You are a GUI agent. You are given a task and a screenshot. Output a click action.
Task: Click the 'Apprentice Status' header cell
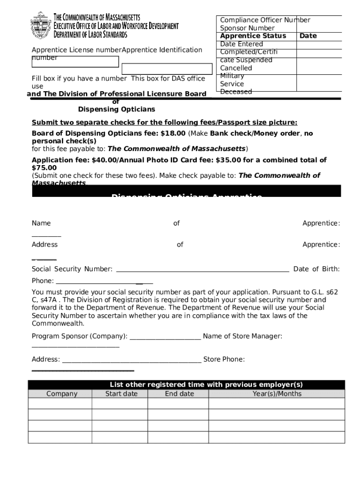point(253,36)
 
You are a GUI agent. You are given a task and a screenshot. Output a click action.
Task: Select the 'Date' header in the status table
point(308,36)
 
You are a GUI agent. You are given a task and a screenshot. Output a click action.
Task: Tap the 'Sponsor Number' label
point(247,28)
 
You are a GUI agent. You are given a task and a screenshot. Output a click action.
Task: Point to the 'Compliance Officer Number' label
point(265,20)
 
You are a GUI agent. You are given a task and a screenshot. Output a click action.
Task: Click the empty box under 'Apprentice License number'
point(75,62)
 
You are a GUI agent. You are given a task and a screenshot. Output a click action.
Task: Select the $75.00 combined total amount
point(44,167)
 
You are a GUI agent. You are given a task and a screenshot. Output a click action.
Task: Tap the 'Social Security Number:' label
point(72,269)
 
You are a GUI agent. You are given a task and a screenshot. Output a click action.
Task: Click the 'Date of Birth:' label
point(316,269)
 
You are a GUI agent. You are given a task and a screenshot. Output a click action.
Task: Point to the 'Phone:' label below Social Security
point(43,281)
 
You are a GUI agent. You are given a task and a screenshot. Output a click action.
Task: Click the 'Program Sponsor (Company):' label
point(79,336)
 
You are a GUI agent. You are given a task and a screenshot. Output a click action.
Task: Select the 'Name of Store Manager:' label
point(242,336)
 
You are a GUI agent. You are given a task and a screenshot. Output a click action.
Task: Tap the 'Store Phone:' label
point(224,359)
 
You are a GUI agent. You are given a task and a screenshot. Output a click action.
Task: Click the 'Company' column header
point(62,394)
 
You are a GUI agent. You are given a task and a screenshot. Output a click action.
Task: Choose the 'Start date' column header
point(121,394)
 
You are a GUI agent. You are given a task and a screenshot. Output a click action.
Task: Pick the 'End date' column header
point(179,394)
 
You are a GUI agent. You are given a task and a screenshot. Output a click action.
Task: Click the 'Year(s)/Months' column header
point(277,394)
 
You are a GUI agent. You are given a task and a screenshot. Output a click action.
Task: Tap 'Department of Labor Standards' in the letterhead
point(90,35)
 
